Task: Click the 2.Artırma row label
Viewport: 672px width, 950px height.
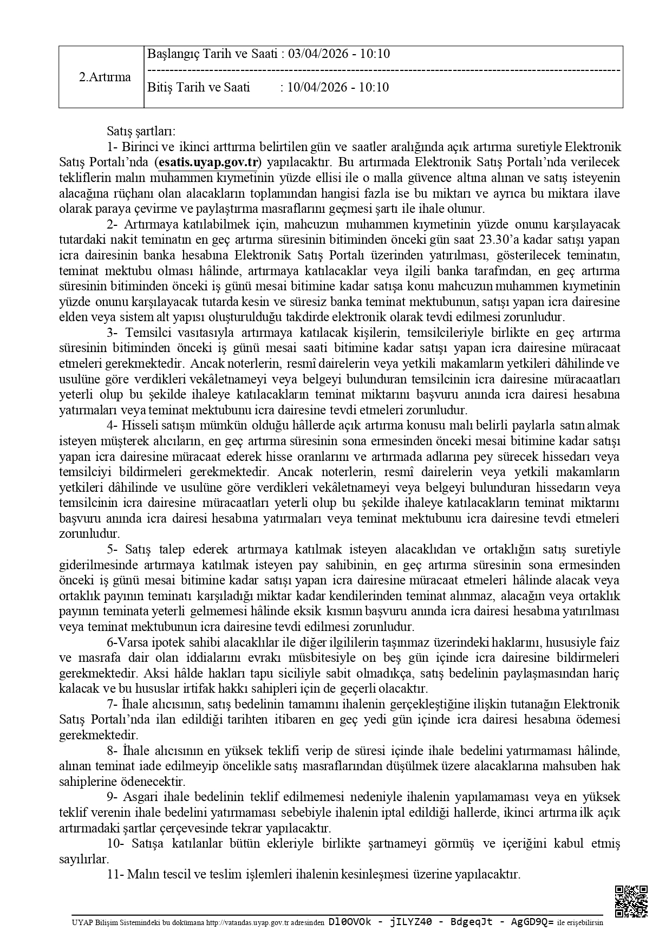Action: click(105, 77)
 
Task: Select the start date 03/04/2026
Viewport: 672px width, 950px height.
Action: click(314, 54)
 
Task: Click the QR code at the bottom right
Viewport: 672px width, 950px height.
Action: click(631, 901)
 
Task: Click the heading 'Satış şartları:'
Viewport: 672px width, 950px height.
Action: click(141, 131)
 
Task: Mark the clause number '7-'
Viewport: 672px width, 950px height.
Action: click(113, 704)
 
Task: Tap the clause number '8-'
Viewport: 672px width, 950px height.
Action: click(113, 751)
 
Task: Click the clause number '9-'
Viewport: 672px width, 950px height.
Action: click(113, 797)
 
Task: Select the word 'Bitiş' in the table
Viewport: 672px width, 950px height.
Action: click(160, 87)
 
